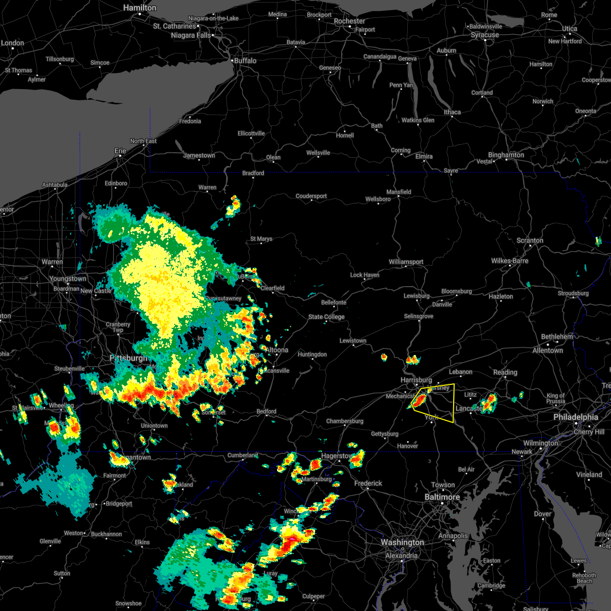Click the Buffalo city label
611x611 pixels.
tap(245, 61)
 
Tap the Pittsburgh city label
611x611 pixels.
tap(129, 358)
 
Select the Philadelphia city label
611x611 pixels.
tap(576, 417)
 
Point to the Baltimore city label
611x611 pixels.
tap(442, 497)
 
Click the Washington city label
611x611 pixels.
tap(402, 543)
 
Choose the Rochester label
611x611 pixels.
tap(349, 21)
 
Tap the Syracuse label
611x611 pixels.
tap(485, 35)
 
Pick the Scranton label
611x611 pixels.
tap(530, 240)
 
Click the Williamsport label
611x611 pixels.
tap(406, 262)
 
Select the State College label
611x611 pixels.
tap(326, 317)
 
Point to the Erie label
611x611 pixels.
tap(120, 151)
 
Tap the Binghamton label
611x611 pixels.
tap(506, 155)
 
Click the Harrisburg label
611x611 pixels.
tap(416, 380)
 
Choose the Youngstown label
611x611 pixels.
tap(68, 279)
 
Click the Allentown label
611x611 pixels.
tap(547, 350)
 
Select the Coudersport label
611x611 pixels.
tap(311, 196)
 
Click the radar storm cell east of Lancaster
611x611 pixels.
tap(489, 403)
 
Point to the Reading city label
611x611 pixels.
tap(505, 372)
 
